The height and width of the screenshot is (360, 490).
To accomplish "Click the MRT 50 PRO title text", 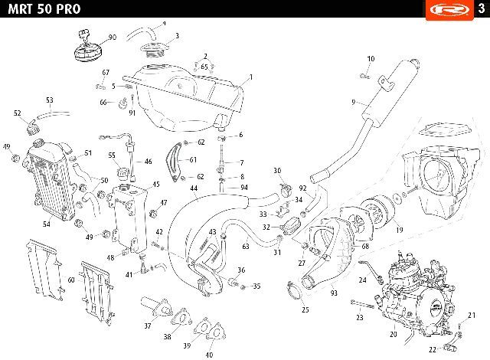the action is tap(44, 8).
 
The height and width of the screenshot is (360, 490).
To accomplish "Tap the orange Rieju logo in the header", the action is tap(449, 10).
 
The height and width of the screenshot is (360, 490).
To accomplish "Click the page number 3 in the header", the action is tap(482, 8).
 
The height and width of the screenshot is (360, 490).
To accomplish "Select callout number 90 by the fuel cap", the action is tap(113, 38).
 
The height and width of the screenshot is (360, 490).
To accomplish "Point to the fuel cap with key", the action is tap(87, 47).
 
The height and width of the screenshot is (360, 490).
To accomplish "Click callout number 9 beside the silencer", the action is tap(354, 102).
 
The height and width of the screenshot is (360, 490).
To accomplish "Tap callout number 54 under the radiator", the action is tap(46, 224).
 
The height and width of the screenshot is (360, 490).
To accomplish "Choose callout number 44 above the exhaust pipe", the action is tap(194, 188).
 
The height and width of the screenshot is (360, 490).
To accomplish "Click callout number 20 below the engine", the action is tap(393, 334).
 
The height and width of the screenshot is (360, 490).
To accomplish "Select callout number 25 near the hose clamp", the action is tap(305, 309).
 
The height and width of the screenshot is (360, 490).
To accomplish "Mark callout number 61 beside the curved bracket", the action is tap(193, 159).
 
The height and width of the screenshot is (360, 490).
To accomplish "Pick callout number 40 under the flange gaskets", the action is tap(209, 355).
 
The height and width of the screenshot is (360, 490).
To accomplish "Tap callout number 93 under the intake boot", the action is tap(334, 293).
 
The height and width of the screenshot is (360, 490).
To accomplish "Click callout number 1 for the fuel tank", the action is tap(250, 77).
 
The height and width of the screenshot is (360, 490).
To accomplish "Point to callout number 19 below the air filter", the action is tap(400, 230).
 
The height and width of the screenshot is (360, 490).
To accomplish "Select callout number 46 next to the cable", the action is tap(148, 162).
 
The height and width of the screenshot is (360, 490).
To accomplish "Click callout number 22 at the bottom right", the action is tap(432, 350).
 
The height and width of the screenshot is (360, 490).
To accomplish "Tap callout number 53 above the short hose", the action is tap(49, 100).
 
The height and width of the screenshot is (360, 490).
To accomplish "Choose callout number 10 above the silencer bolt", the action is tap(371, 59).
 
